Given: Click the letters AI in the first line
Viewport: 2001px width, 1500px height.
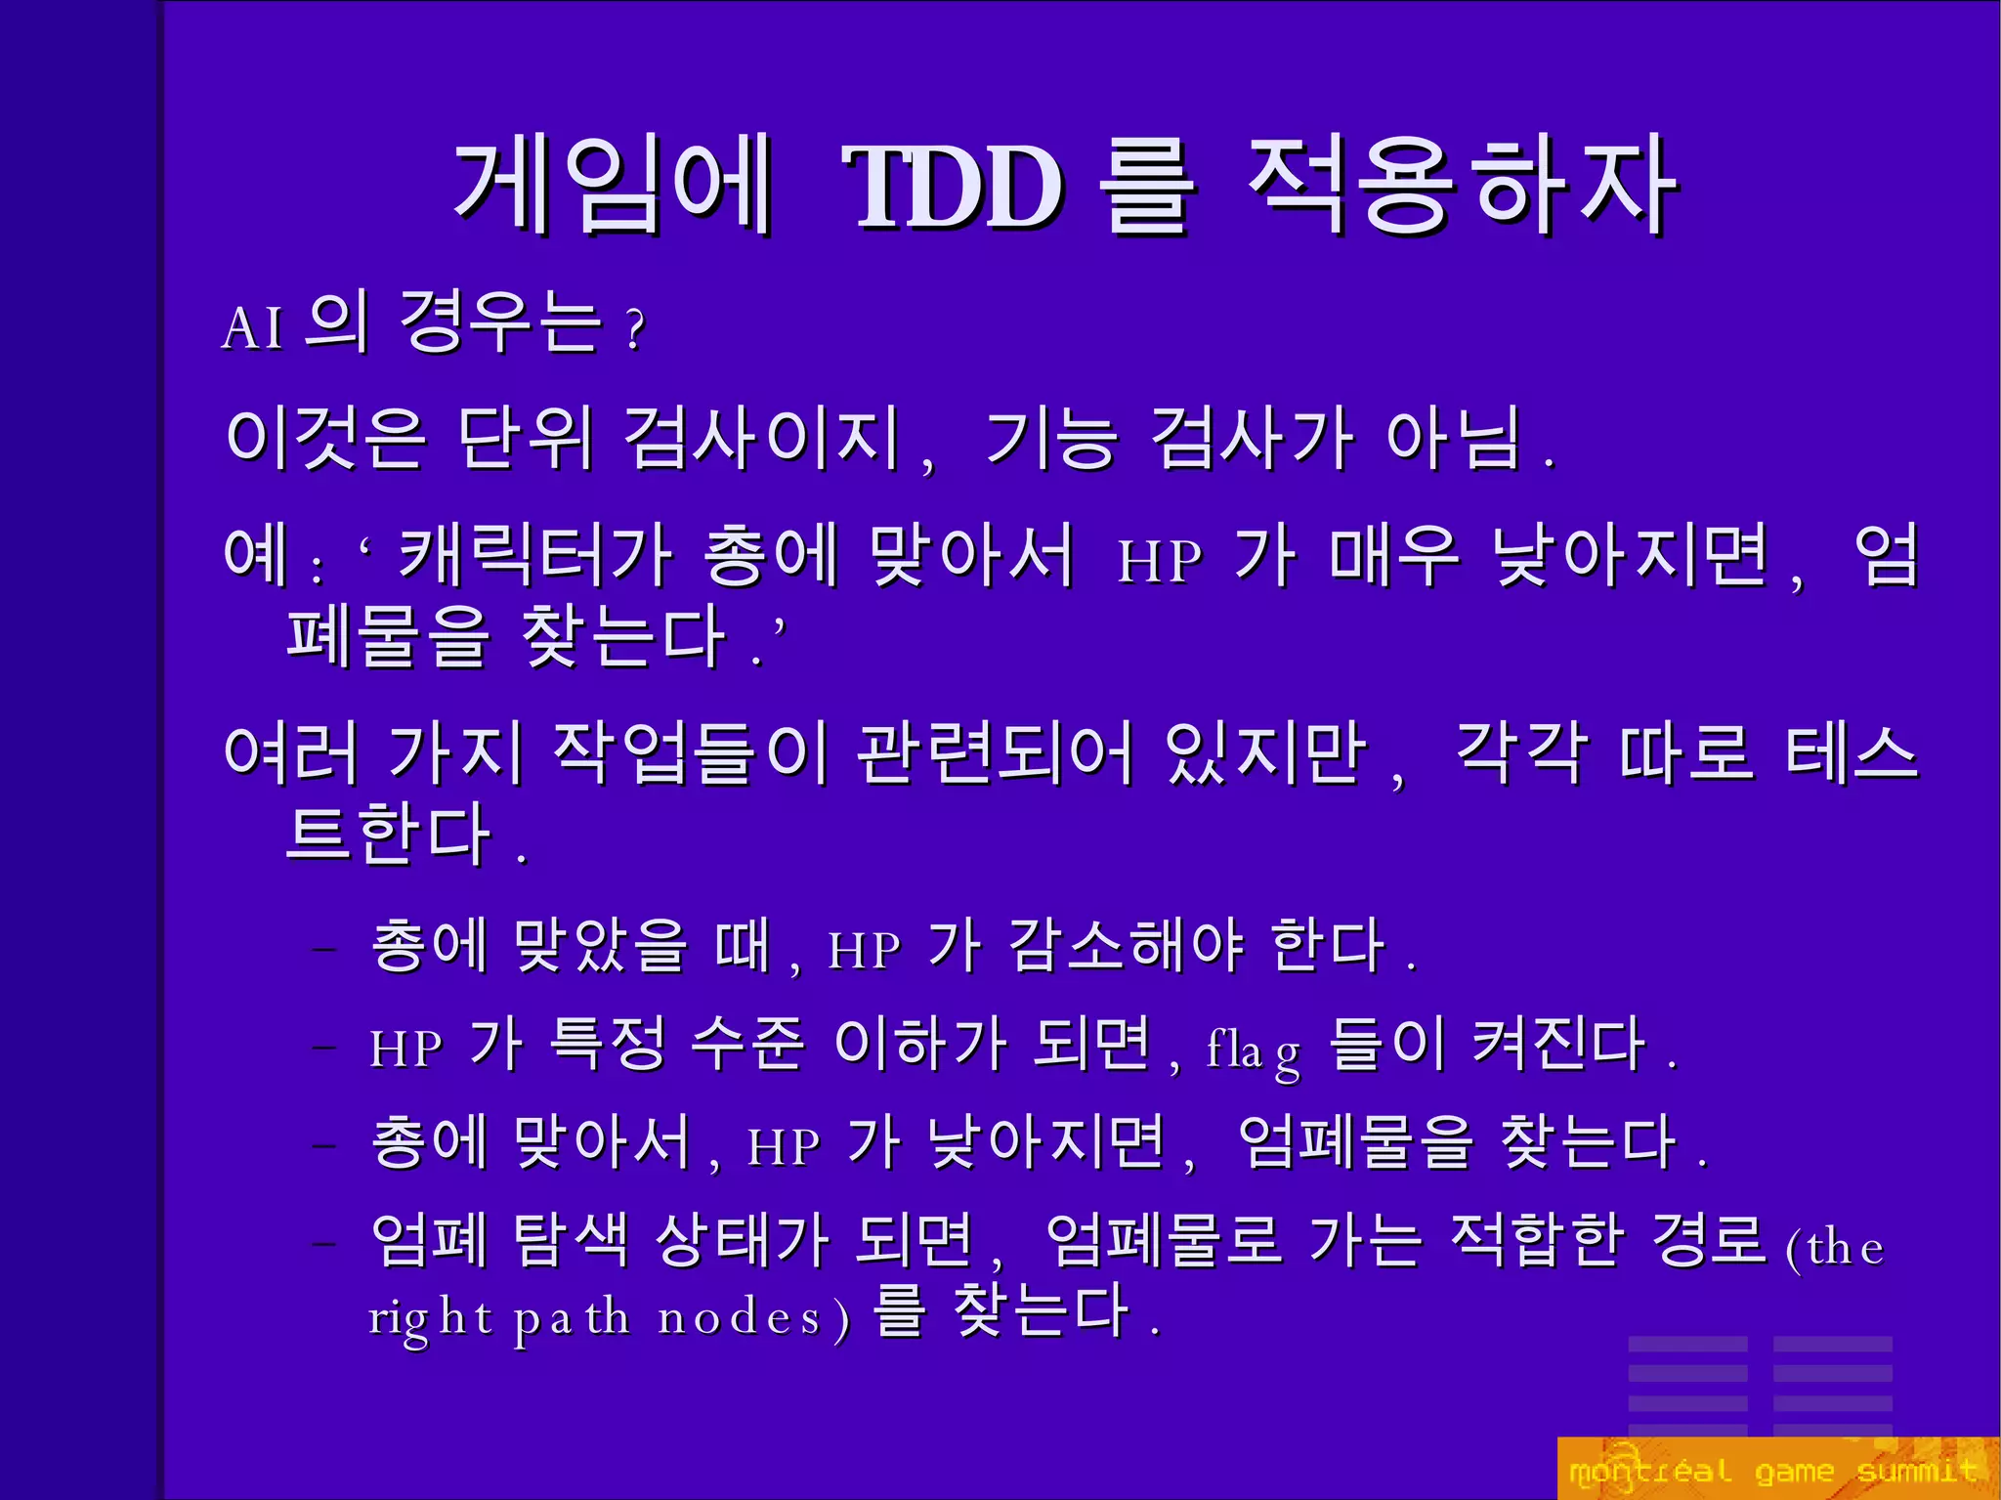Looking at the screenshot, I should tap(253, 327).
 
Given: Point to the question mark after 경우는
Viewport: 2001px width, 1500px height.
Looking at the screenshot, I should tap(636, 329).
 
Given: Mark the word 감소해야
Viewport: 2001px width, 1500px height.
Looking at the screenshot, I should tap(1125, 946).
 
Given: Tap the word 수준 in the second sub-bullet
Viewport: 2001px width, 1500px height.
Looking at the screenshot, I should tap(747, 1044).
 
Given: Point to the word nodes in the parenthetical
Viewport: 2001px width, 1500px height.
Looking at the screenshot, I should tap(740, 1318).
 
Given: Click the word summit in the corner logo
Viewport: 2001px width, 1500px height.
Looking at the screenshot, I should tap(1916, 1471).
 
